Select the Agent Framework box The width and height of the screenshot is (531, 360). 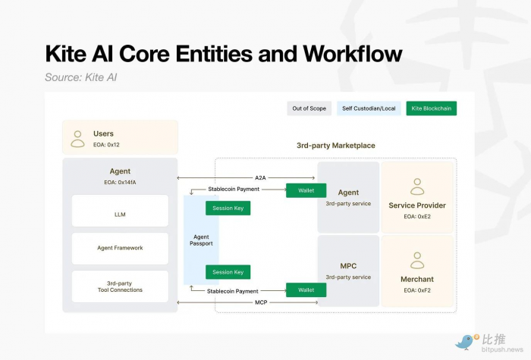click(x=120, y=248)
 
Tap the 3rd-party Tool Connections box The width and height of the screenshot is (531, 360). click(x=120, y=286)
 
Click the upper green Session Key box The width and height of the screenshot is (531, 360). click(x=228, y=208)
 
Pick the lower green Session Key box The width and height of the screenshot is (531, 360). click(x=228, y=272)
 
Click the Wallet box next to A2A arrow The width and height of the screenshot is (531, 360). click(x=306, y=190)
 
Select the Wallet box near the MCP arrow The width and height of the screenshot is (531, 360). click(x=306, y=290)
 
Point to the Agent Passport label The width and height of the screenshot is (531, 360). click(x=201, y=240)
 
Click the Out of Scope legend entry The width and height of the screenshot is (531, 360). click(x=309, y=108)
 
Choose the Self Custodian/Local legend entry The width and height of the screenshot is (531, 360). click(x=369, y=108)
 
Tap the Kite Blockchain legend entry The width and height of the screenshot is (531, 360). click(x=431, y=108)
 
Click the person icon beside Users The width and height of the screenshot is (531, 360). click(x=77, y=138)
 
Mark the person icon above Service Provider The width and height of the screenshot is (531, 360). click(x=417, y=186)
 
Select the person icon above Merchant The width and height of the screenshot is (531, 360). click(x=417, y=260)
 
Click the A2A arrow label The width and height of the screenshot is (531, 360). click(x=261, y=178)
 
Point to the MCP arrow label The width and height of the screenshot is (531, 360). click(x=261, y=302)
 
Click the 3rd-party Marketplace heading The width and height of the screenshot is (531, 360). click(x=335, y=146)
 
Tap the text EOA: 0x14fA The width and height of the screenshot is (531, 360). click(x=120, y=183)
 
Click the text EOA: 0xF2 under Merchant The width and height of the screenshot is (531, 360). click(x=417, y=290)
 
